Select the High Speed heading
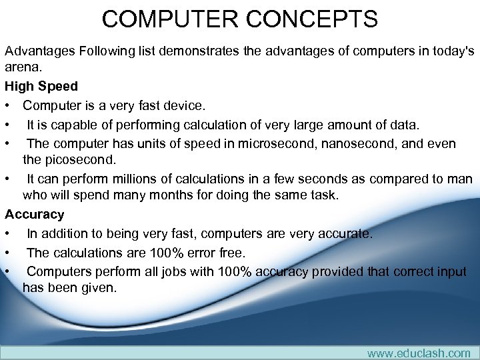coord(41,86)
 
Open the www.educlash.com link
coord(419,353)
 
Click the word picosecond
coord(88,159)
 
